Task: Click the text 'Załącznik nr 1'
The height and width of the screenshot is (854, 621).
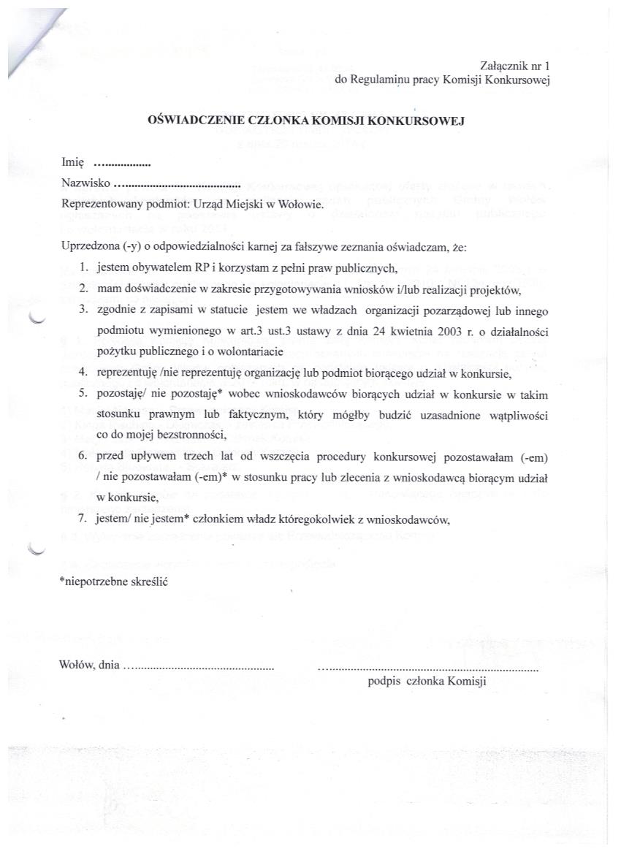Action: (x=515, y=66)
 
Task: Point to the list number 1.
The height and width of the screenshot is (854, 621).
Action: (x=84, y=267)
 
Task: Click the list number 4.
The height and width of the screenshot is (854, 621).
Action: (x=84, y=374)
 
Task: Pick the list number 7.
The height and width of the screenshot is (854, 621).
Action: (x=84, y=520)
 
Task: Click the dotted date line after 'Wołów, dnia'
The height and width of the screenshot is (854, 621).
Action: (x=198, y=666)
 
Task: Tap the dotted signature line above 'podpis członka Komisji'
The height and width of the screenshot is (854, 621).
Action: (x=428, y=667)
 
